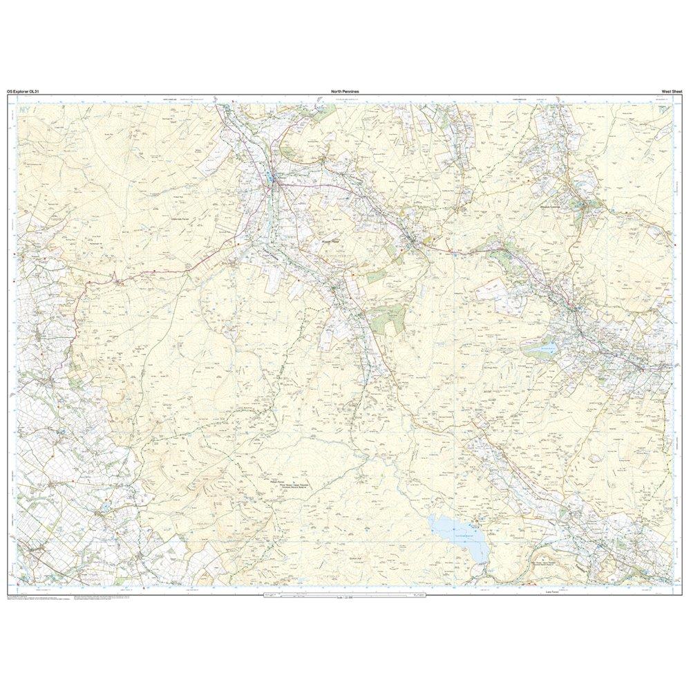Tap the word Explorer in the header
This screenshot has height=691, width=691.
25,91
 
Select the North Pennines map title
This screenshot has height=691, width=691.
344,91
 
